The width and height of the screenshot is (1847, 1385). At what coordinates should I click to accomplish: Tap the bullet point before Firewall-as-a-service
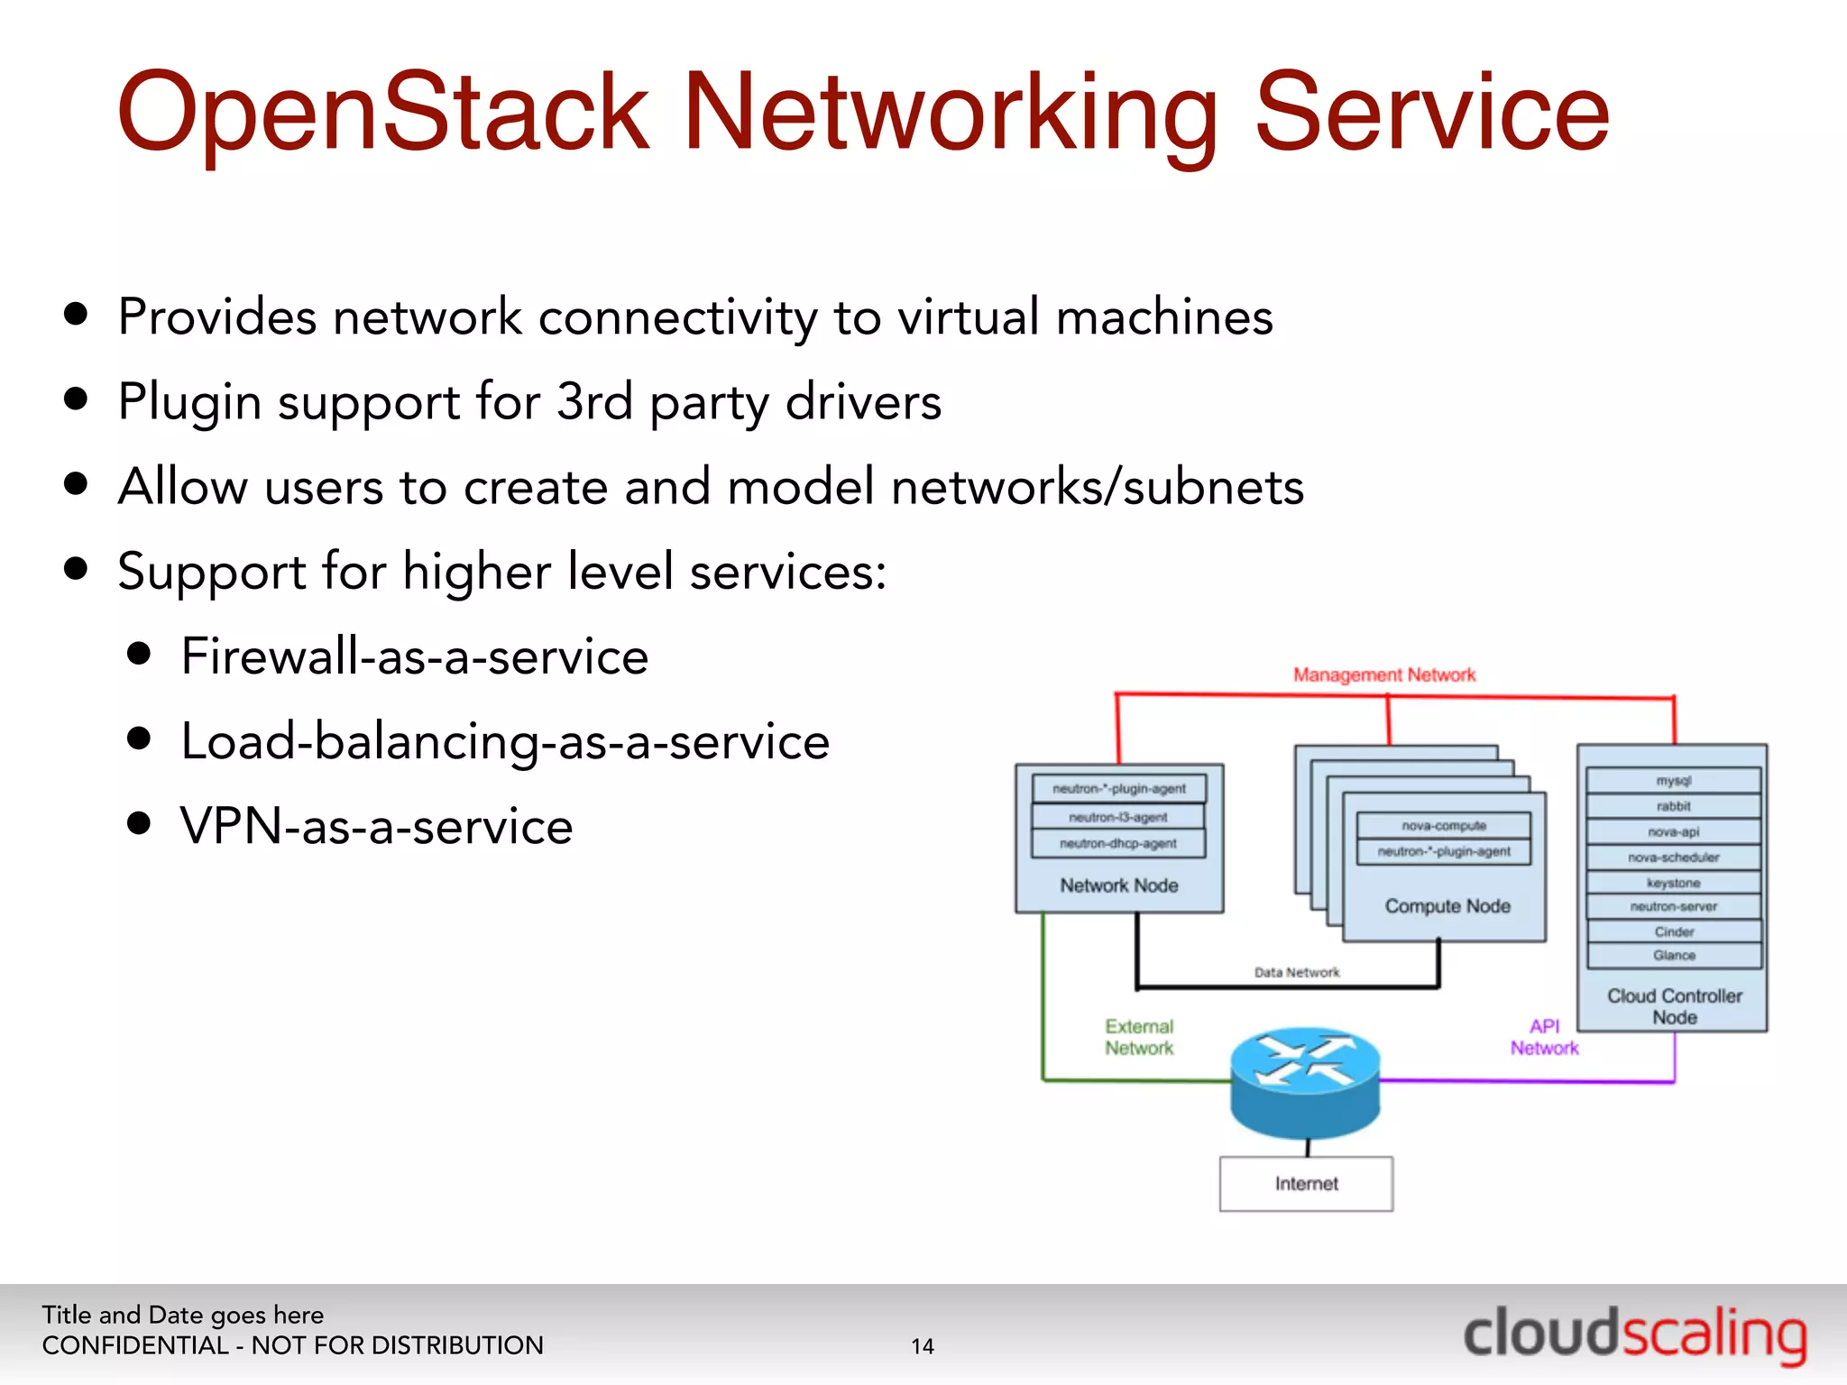click(139, 654)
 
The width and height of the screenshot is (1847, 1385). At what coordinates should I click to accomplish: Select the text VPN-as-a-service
click(376, 826)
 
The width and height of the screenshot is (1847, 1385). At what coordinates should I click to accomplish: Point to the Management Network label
click(1384, 674)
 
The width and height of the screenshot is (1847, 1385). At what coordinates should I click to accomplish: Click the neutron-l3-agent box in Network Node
click(1118, 817)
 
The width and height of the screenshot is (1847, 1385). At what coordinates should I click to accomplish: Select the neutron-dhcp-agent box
click(1118, 844)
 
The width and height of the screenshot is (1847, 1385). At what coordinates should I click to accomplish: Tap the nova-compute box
click(1444, 825)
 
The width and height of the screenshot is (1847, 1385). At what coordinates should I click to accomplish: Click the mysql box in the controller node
click(1674, 781)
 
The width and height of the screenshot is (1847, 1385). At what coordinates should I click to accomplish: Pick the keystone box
click(1674, 883)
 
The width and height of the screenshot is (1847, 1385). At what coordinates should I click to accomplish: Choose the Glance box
click(1674, 955)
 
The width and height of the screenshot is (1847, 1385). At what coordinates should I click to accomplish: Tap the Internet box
click(1306, 1183)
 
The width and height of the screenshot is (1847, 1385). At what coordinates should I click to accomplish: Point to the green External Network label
click(1139, 1037)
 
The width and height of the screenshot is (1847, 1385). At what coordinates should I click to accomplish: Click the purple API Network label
click(1544, 1037)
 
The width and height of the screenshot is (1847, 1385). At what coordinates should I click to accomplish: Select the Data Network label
click(1297, 972)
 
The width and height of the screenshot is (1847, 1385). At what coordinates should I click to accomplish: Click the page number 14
click(923, 1346)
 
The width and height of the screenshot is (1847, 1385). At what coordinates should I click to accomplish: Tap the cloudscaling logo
click(1634, 1335)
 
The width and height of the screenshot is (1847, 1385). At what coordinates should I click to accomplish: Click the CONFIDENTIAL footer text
click(292, 1345)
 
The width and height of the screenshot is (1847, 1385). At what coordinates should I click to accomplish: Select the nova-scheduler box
click(1674, 857)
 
